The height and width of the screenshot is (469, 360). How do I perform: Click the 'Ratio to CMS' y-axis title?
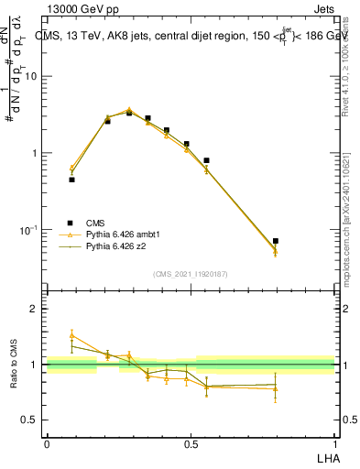coord(16,365)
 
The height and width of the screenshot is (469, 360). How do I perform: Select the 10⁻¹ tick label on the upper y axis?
coord(28,229)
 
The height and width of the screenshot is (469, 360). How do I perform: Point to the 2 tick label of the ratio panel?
coord(34,310)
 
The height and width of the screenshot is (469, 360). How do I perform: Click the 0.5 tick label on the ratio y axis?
coord(29,420)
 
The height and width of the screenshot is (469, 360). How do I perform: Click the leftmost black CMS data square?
coord(71,180)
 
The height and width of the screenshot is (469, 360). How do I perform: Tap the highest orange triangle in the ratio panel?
coord(71,336)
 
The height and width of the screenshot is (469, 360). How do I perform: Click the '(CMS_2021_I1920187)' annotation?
coord(191,274)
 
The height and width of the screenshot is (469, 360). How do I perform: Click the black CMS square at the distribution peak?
coord(129,113)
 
